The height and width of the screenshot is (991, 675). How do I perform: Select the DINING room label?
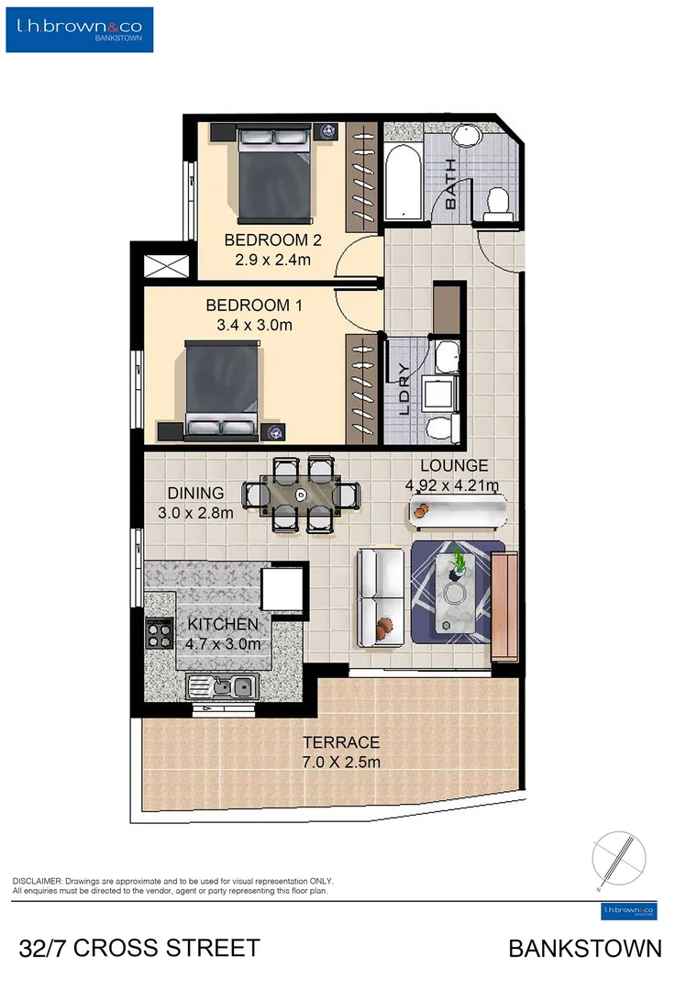pyautogui.click(x=195, y=494)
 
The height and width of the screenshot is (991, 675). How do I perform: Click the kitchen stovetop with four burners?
pyautogui.click(x=160, y=632)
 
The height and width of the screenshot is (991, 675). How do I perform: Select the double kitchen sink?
pyautogui.click(x=222, y=685)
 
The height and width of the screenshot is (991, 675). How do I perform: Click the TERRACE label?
pyautogui.click(x=341, y=742)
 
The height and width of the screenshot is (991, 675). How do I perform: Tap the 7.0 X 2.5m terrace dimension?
pyautogui.click(x=341, y=762)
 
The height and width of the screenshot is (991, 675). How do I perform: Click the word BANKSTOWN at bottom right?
pyautogui.click(x=584, y=948)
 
